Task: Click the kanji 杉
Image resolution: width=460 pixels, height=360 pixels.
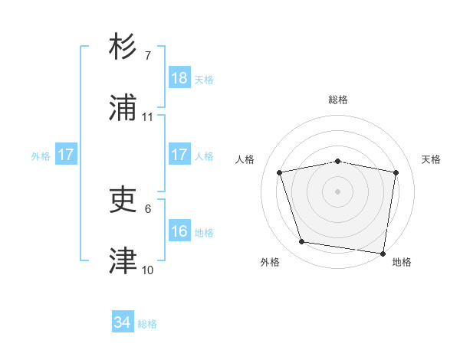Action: click(123, 47)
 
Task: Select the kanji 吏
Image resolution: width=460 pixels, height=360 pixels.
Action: click(123, 201)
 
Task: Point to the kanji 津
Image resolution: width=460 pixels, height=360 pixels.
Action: click(123, 261)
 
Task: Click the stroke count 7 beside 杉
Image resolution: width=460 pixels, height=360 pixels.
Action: click(148, 56)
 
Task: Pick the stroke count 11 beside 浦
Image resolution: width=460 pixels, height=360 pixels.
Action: click(148, 116)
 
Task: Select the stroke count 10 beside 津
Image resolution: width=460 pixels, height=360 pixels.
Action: click(148, 270)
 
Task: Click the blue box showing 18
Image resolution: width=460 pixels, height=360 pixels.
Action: click(179, 78)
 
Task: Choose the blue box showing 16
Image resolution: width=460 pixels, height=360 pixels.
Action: click(179, 231)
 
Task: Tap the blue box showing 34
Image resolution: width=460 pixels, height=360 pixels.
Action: click(123, 322)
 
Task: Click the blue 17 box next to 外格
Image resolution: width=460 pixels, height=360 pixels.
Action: click(66, 155)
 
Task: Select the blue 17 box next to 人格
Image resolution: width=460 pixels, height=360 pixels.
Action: click(179, 155)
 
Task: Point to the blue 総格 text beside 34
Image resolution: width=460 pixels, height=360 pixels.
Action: click(147, 324)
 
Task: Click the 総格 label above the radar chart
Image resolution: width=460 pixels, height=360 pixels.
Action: click(338, 100)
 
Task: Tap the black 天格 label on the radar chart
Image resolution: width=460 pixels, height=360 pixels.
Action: click(431, 159)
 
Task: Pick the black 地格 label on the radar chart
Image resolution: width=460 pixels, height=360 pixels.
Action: click(402, 262)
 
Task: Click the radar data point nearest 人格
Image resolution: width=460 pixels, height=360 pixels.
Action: click(280, 172)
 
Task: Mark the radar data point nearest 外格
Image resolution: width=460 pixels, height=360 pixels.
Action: click(302, 242)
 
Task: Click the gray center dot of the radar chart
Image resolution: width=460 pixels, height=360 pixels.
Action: click(338, 191)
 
